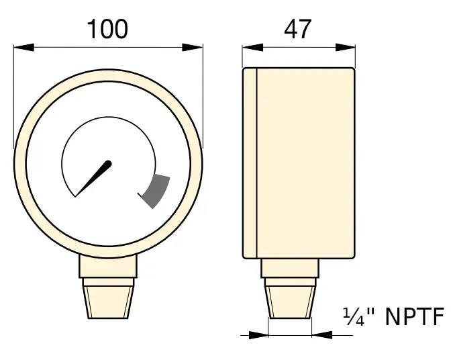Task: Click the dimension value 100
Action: pos(107,29)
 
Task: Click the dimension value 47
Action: pos(298,29)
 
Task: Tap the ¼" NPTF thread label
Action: pos(393,316)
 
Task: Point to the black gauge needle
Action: pos(95,177)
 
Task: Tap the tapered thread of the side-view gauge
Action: pos(290,300)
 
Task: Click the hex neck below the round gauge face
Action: pos(108,267)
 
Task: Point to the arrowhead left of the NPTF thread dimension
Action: pos(259,334)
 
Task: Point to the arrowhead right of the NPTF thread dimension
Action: pos(321,334)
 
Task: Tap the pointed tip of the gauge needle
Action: pos(78,195)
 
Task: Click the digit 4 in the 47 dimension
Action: pos(291,29)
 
